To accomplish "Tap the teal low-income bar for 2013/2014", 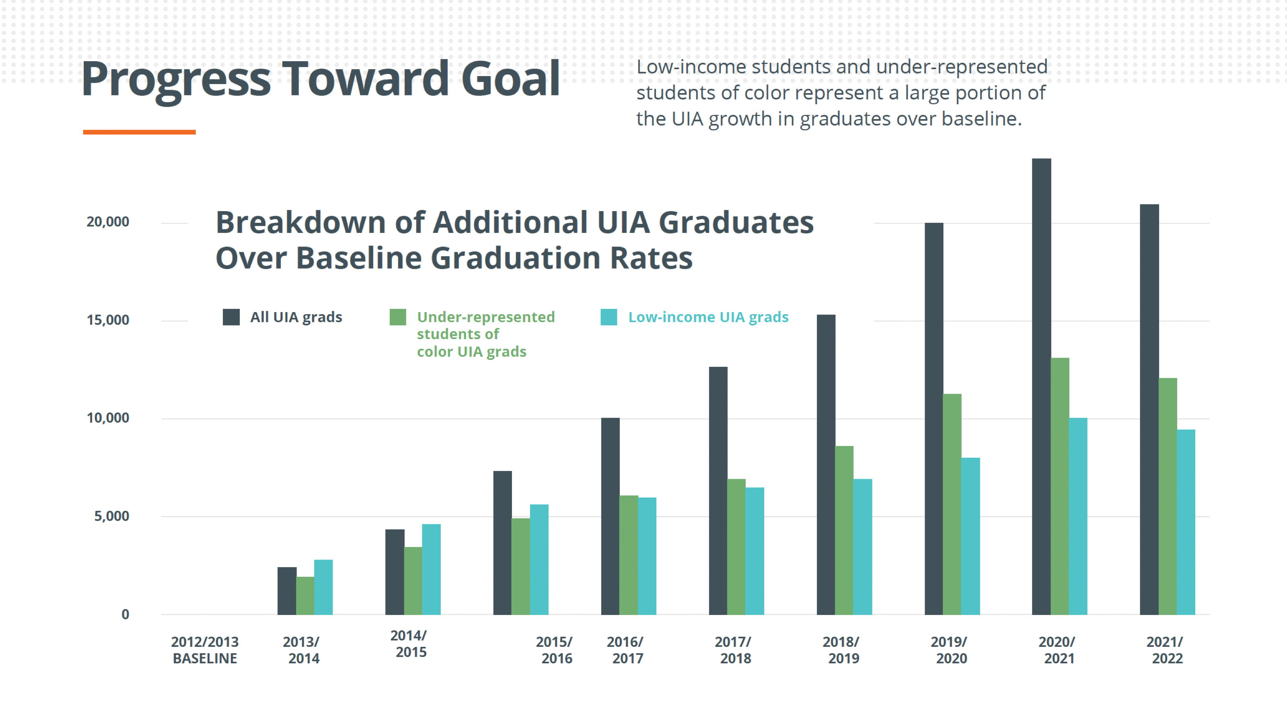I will (x=323, y=588).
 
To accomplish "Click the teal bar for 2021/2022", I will (x=1186, y=522).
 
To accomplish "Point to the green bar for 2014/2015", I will (x=413, y=581).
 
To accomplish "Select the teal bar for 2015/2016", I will (x=539, y=560).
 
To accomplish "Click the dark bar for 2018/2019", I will (x=826, y=465).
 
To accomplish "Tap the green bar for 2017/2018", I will (x=736, y=547).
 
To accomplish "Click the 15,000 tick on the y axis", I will (x=108, y=320).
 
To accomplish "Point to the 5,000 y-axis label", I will (x=111, y=516).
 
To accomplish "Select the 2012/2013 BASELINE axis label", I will (x=205, y=650).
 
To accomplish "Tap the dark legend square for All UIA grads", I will (x=231, y=317).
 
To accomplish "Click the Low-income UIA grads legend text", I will (x=708, y=317).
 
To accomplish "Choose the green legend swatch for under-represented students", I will (x=398, y=317).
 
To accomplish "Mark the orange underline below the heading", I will (x=139, y=132).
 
